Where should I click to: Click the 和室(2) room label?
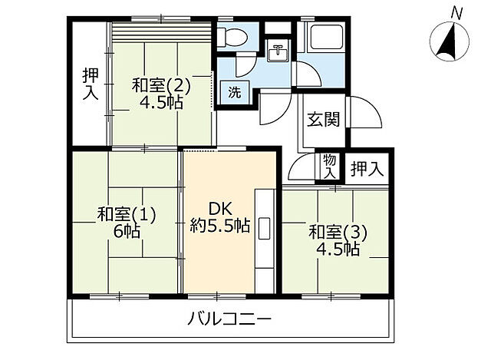tap(160, 84)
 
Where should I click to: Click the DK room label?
tap(219, 207)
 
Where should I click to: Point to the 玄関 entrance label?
tap(323, 120)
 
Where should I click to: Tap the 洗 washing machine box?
tap(234, 92)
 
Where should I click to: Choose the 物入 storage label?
tap(329, 167)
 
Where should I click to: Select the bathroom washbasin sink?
tap(278, 54)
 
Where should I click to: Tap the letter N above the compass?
tap(456, 12)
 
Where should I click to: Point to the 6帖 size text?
tap(126, 231)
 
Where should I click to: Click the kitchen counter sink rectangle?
tap(265, 229)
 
